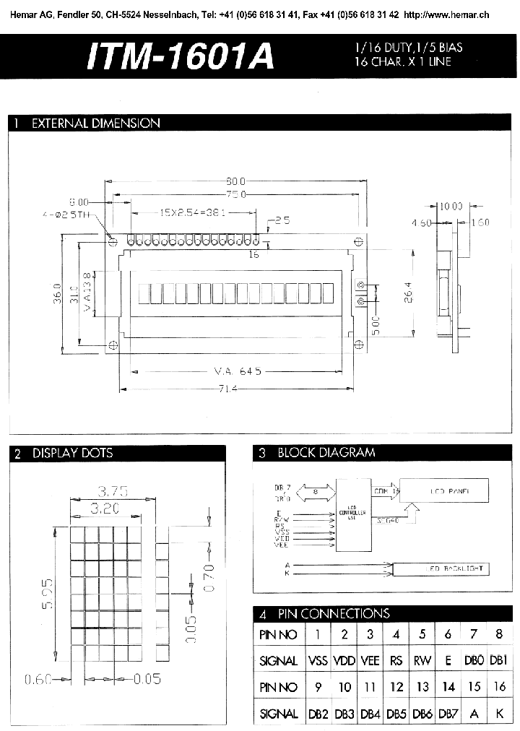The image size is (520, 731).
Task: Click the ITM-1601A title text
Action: tap(180, 56)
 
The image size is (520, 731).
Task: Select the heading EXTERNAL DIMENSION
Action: tap(95, 124)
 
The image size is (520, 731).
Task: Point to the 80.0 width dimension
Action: tap(237, 181)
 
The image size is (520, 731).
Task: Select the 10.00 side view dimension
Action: tap(451, 207)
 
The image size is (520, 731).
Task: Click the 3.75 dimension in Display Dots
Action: tap(113, 491)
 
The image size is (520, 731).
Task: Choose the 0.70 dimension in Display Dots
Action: tap(209, 578)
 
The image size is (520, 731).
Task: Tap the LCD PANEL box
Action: tap(444, 491)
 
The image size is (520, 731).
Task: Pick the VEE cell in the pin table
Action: tap(370, 660)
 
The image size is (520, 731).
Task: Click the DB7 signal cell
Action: tap(448, 714)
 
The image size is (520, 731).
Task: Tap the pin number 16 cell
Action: tap(500, 687)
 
